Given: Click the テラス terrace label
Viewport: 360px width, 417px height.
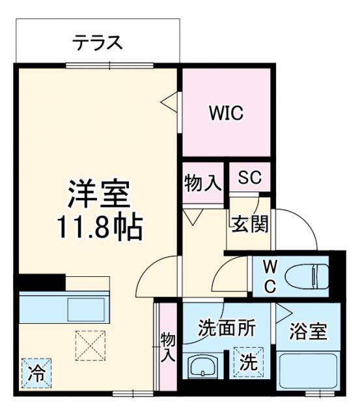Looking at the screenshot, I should (x=97, y=43).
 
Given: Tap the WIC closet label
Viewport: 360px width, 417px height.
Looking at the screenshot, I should (x=225, y=113).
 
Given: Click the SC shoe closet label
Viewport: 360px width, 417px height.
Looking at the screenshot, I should (x=249, y=178).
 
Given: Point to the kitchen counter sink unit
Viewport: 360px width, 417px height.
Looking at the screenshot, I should (x=65, y=308).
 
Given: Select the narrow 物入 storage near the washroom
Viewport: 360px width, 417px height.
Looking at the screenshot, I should (x=167, y=345).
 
